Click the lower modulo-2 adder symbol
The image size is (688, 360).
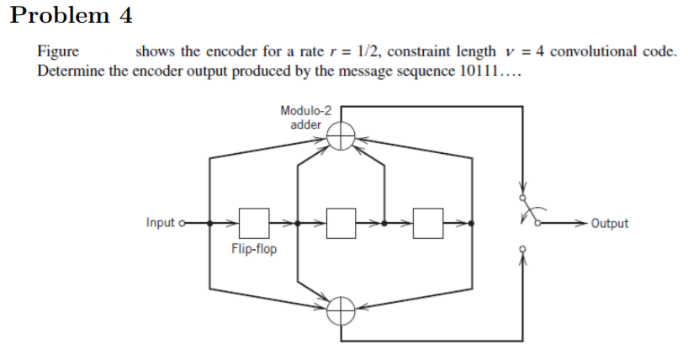click(341, 310)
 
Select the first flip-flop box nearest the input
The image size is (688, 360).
click(253, 224)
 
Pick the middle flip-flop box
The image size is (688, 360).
click(341, 224)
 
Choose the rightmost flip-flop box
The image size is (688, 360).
click(429, 224)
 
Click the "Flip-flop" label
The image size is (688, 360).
click(253, 250)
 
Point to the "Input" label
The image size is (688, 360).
click(160, 224)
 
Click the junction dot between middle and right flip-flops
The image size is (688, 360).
click(384, 224)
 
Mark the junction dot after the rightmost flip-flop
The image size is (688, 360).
click(470, 224)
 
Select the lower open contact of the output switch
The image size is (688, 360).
click(523, 249)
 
